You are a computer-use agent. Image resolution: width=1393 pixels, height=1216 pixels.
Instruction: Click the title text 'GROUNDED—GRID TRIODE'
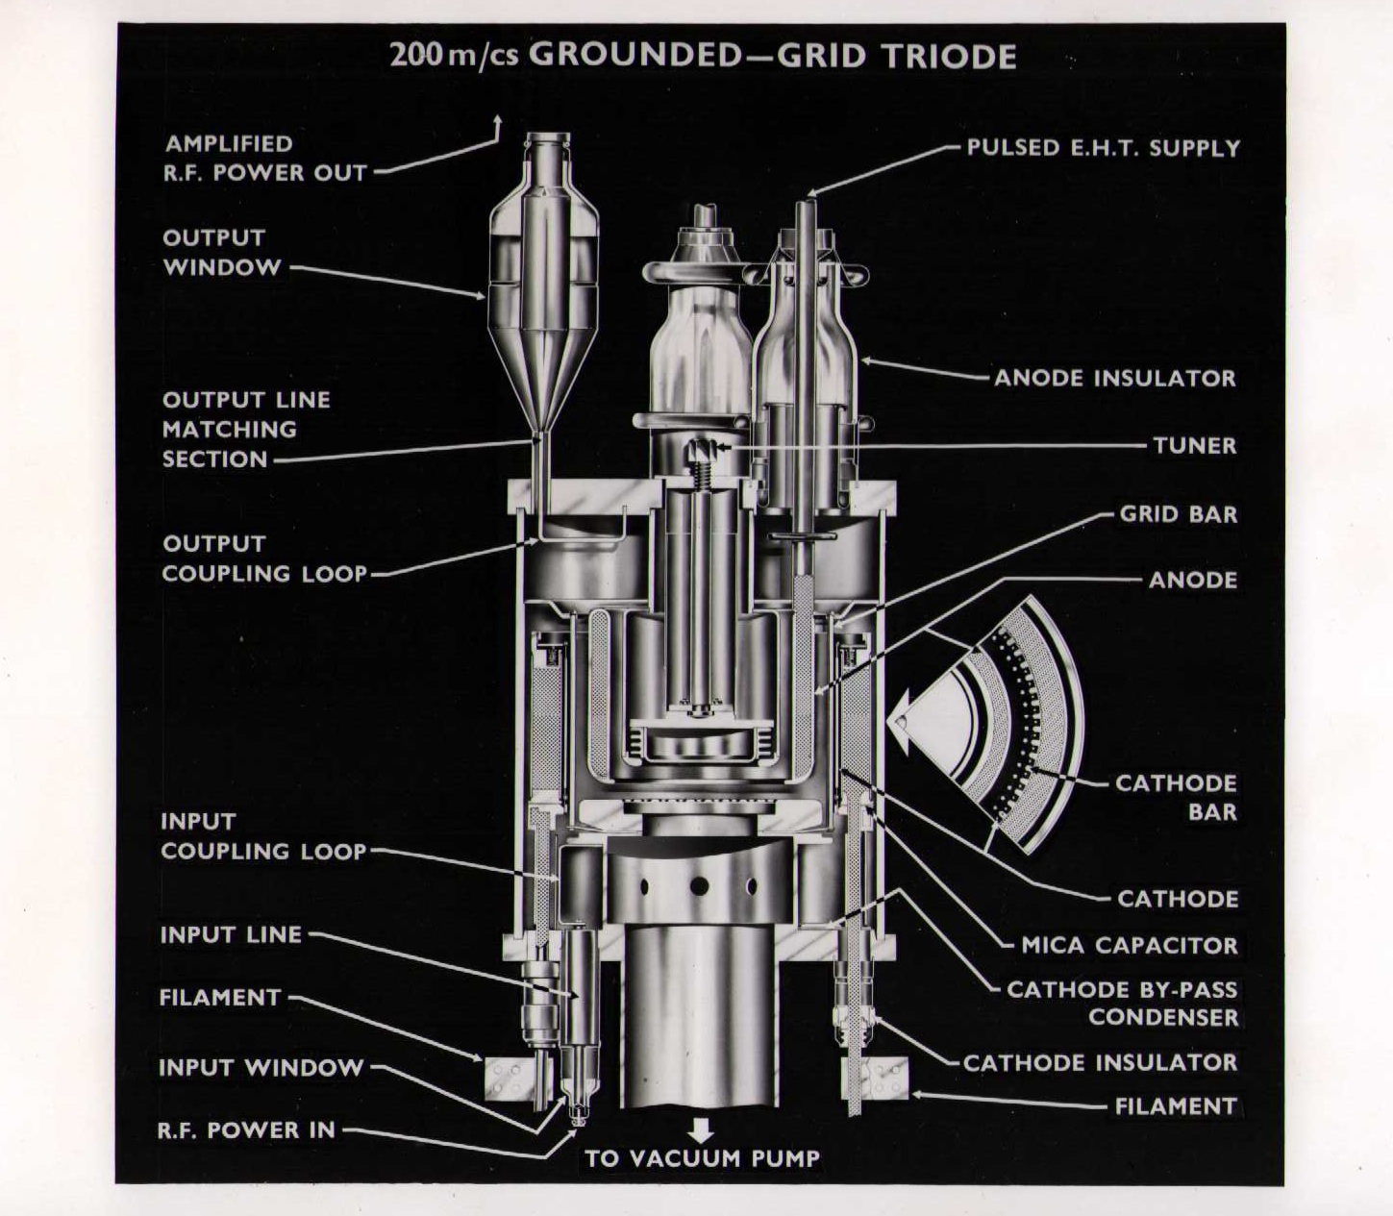(772, 55)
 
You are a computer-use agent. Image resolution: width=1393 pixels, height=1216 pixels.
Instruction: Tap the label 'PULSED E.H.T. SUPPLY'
(1103, 148)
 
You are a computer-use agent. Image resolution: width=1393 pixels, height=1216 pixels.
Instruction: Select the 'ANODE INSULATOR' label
(1114, 378)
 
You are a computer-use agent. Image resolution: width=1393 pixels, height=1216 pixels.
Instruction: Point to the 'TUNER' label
(1194, 445)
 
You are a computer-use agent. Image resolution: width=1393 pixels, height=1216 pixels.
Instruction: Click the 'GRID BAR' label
(1178, 514)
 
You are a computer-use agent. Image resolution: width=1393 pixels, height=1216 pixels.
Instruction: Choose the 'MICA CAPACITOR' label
(1130, 945)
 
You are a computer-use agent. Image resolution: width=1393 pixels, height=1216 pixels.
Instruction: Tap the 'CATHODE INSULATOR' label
(1100, 1062)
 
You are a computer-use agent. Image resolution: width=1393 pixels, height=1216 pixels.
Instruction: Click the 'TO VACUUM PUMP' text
(702, 1158)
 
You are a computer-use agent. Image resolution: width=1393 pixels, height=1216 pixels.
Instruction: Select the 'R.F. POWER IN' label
(246, 1129)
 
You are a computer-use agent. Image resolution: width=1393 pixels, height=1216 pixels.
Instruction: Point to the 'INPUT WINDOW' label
(261, 1067)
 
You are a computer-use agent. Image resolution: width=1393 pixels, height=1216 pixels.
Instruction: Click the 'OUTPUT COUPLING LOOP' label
(264, 558)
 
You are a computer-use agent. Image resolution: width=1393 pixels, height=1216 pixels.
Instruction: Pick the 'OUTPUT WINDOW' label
(221, 252)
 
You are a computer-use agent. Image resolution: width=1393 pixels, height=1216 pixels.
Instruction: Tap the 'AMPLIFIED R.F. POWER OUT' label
(264, 159)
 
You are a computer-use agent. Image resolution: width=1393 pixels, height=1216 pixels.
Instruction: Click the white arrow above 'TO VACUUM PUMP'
(702, 1129)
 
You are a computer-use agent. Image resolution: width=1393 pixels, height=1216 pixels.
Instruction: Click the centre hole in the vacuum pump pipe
(699, 885)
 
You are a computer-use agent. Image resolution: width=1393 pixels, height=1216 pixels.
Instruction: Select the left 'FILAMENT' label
(219, 997)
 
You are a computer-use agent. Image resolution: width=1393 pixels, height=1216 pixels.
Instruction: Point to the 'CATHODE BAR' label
(1175, 797)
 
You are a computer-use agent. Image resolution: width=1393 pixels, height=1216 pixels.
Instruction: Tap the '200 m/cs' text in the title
(454, 55)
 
